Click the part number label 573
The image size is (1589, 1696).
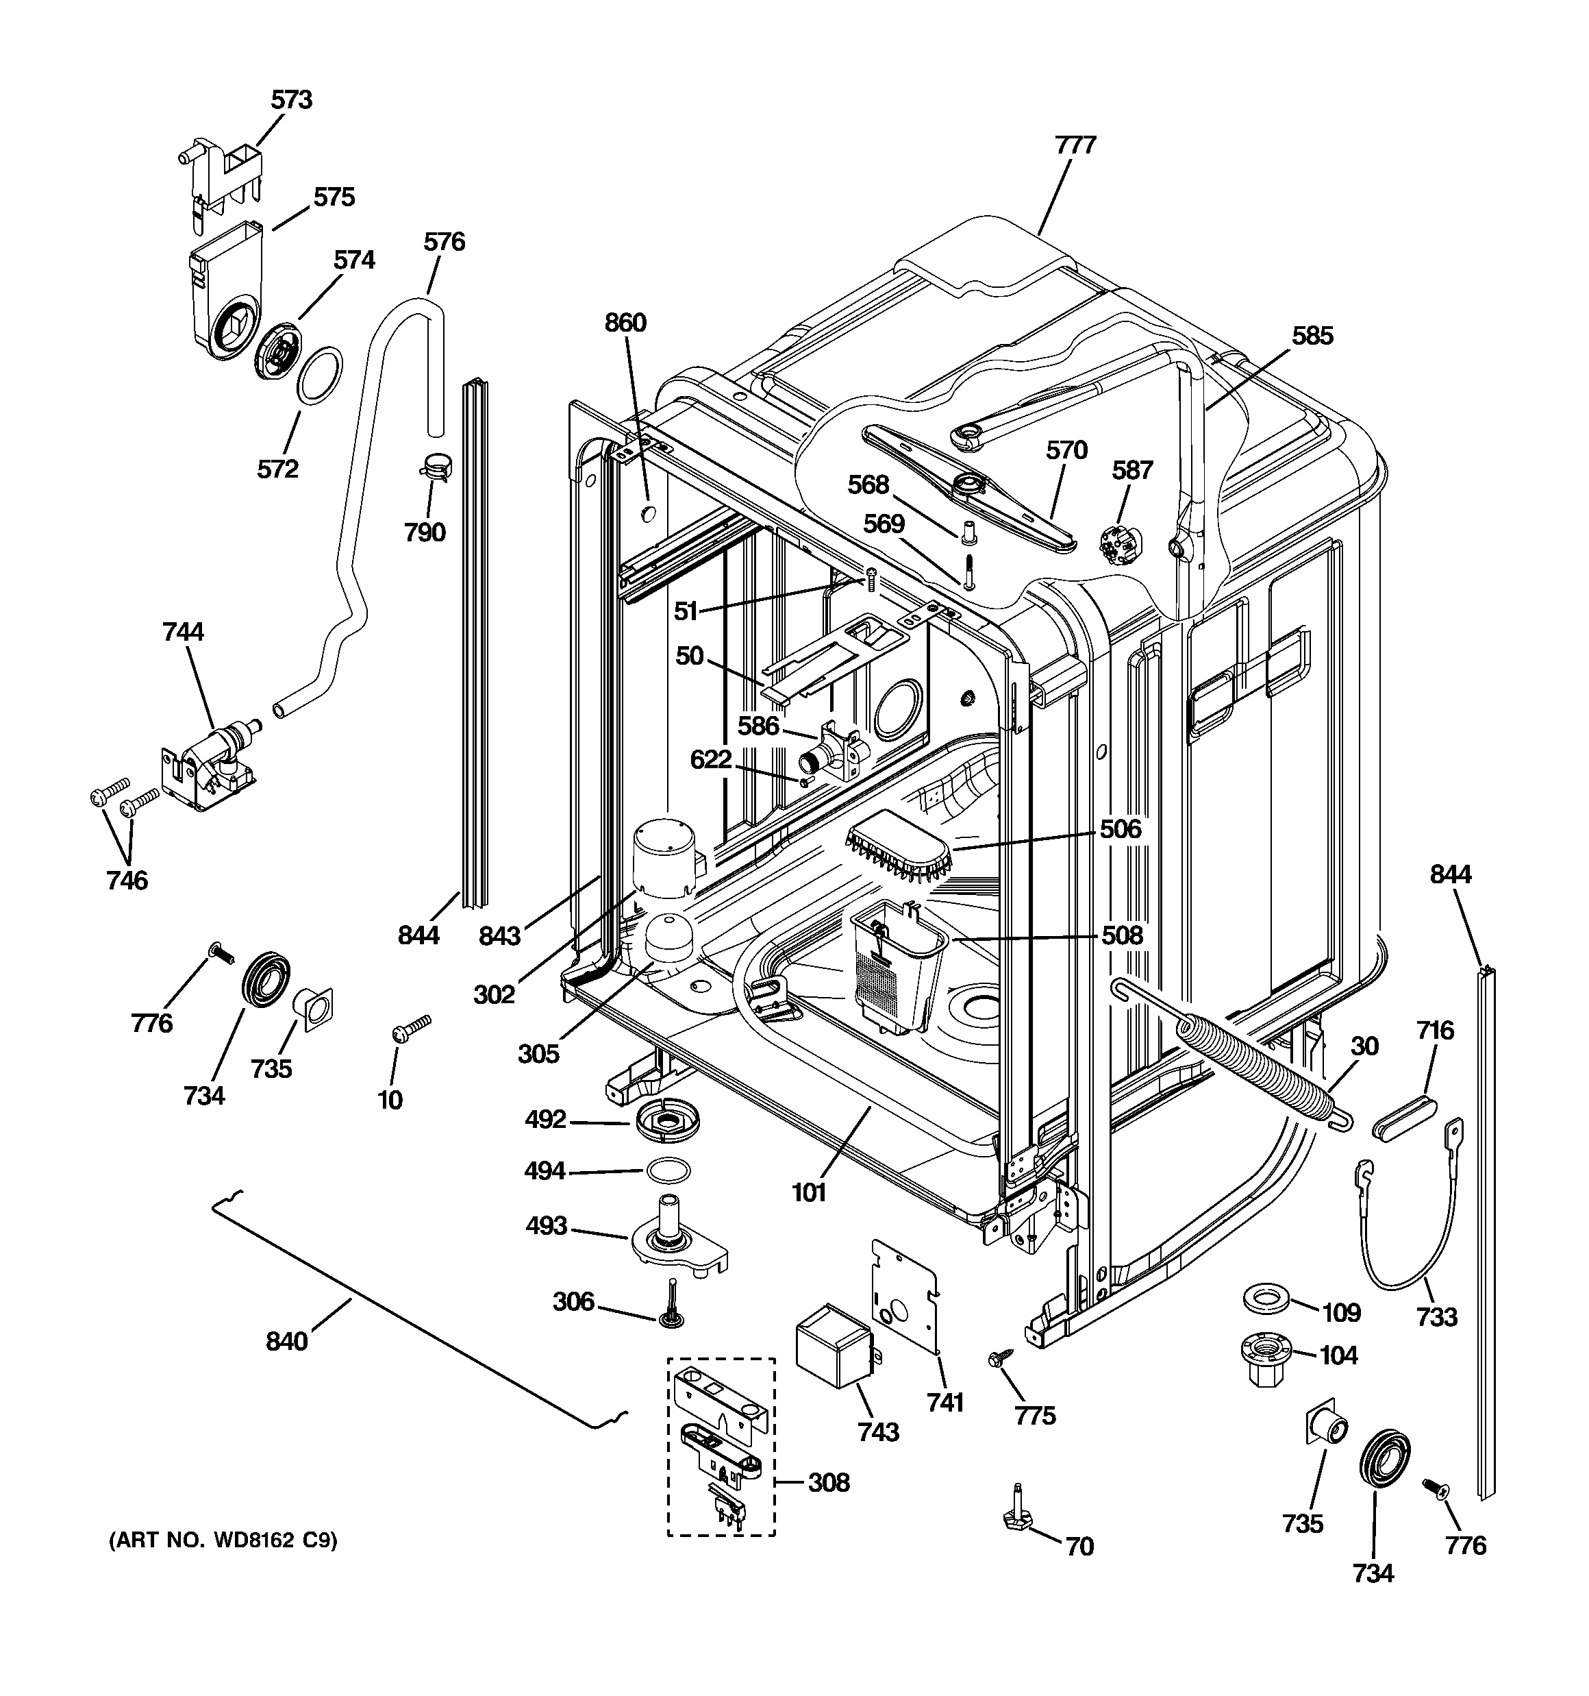tap(292, 100)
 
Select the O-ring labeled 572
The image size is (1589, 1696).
tap(320, 375)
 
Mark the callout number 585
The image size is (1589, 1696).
tap(1312, 336)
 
